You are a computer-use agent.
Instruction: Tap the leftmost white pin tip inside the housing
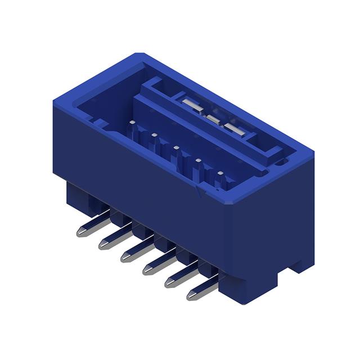click(132, 121)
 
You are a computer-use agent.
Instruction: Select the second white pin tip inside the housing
click(154, 135)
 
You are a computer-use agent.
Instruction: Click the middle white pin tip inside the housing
click(176, 148)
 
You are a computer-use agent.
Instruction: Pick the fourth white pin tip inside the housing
click(198, 161)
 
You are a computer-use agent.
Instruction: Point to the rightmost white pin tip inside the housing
click(220, 173)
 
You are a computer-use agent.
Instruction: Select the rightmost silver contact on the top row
click(235, 129)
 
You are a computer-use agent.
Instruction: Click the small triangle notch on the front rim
click(197, 192)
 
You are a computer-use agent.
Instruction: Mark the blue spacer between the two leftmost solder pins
click(118, 215)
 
